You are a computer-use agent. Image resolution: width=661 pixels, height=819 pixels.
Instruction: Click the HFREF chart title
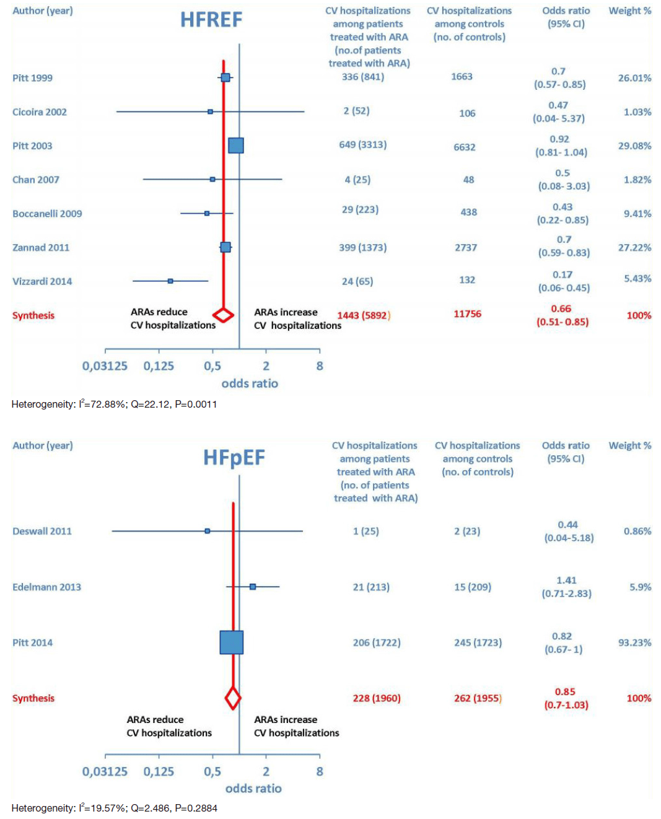tap(211, 20)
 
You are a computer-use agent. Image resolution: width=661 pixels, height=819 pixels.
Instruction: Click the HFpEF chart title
tap(234, 458)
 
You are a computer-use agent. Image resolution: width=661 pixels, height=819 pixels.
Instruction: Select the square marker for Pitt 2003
tap(236, 146)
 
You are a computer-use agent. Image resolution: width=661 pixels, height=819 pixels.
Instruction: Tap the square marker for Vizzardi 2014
tap(170, 281)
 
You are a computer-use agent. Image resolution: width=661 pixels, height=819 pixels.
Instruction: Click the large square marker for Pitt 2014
tap(232, 642)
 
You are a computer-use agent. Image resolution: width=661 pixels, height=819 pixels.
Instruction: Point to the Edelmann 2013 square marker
tap(253, 587)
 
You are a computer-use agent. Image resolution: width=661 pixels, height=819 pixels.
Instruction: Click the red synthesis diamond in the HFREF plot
tap(223, 315)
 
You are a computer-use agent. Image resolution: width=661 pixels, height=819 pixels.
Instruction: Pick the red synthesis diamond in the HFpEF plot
tap(233, 698)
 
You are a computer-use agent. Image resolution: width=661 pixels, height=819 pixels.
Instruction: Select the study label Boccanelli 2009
tap(47, 214)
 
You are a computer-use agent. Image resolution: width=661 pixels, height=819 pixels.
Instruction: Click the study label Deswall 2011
tap(42, 531)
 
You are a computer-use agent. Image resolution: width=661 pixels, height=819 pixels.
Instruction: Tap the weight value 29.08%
tap(634, 146)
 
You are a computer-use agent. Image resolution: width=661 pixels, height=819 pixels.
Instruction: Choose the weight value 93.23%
tap(634, 642)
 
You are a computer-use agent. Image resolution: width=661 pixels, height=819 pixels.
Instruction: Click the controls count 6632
tap(464, 147)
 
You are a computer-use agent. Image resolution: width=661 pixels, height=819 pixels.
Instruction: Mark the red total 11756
tap(467, 314)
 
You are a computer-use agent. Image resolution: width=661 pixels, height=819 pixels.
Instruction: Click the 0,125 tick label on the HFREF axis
tap(159, 366)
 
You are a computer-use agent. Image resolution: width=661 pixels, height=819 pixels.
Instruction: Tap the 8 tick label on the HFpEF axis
tap(320, 771)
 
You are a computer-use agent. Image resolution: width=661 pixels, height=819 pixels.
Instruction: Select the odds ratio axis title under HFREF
tap(250, 383)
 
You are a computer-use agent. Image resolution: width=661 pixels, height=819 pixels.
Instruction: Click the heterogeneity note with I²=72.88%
tap(114, 405)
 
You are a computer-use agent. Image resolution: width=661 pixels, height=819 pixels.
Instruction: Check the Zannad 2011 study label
tap(41, 247)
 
